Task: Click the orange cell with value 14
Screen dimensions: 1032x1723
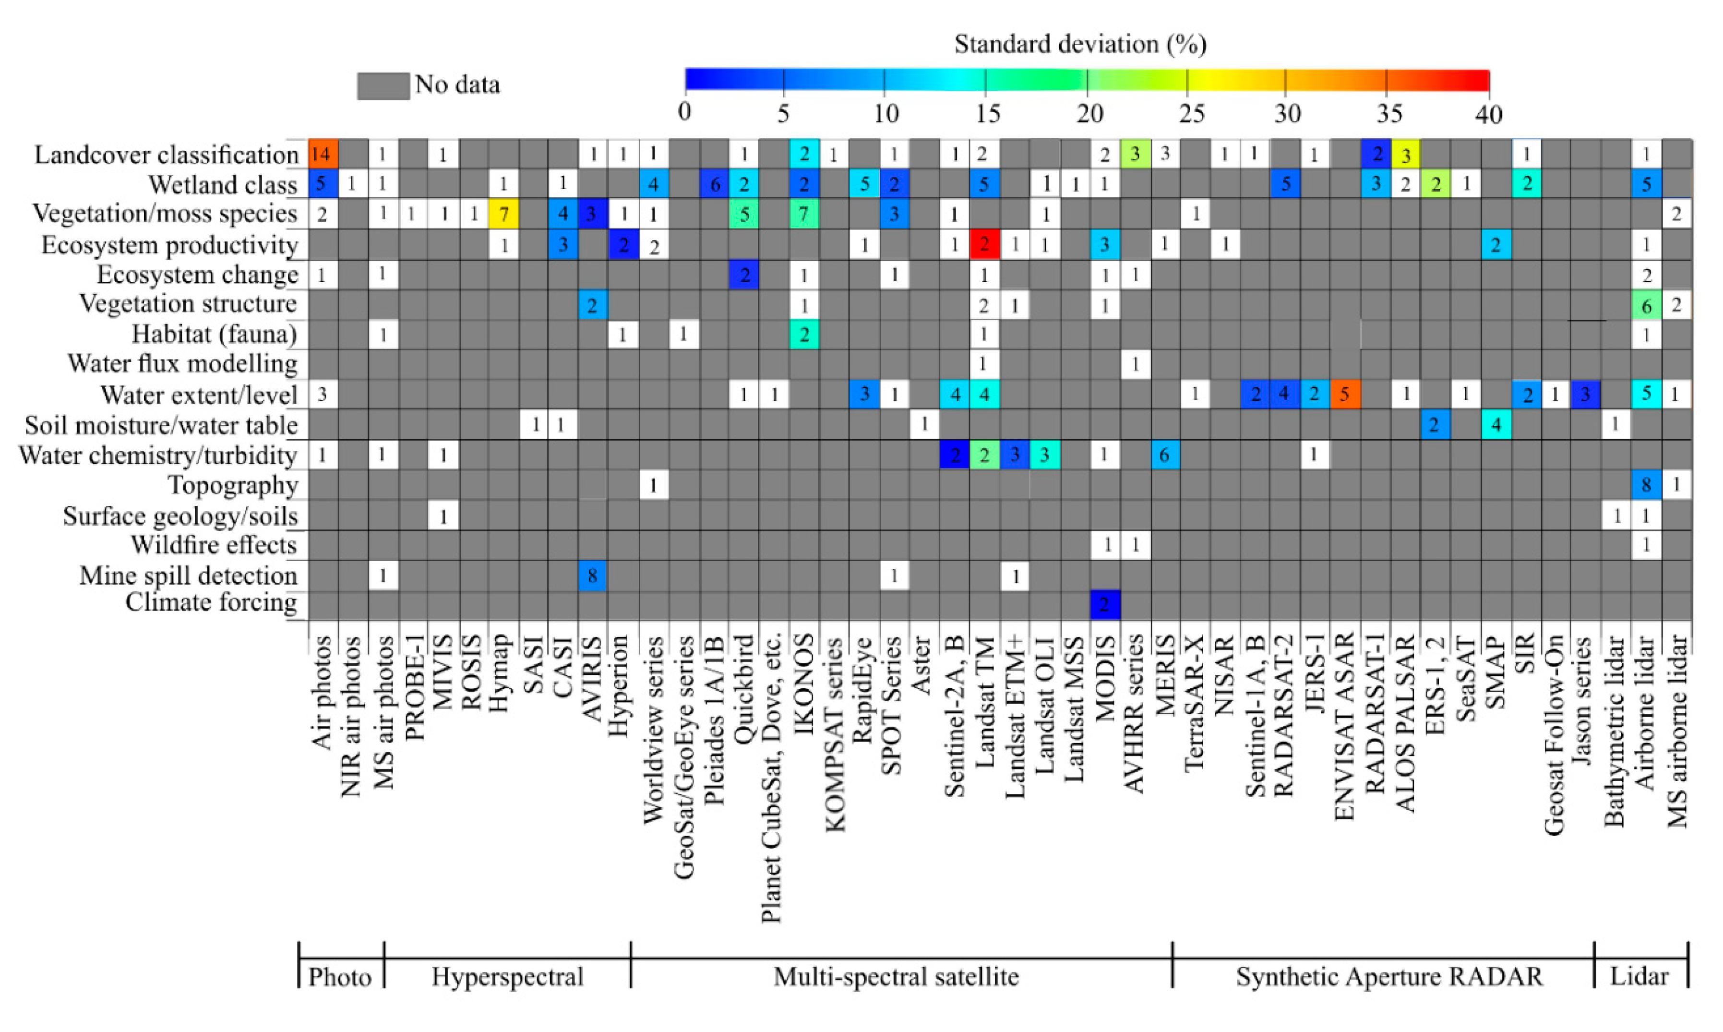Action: click(322, 154)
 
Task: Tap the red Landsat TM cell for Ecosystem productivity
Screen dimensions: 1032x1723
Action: click(983, 244)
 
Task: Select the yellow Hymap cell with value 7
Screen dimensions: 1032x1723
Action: click(504, 214)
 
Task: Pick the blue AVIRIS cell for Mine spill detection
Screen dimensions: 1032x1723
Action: click(592, 575)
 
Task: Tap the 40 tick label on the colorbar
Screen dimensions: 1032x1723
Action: click(1488, 113)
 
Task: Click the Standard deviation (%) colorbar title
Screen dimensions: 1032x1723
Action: click(1080, 44)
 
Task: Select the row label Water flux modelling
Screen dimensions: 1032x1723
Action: click(182, 364)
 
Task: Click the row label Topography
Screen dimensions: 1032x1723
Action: click(233, 485)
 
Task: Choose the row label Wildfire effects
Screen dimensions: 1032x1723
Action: click(214, 544)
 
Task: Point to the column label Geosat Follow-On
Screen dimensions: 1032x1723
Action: click(1554, 733)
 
